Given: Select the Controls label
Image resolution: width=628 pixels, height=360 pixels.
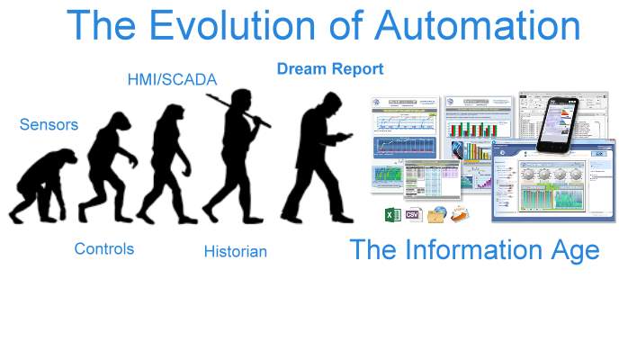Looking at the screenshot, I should (104, 248).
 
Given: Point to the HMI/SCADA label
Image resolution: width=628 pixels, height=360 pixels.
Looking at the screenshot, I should (172, 79).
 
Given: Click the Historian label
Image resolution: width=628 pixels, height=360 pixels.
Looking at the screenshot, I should (235, 251).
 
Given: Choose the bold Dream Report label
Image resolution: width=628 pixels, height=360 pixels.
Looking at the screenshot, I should (330, 68).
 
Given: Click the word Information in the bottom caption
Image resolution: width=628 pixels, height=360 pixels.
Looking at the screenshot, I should (475, 249).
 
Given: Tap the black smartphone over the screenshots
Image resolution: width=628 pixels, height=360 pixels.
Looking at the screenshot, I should (560, 121).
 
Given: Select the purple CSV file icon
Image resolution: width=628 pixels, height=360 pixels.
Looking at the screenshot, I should (414, 215).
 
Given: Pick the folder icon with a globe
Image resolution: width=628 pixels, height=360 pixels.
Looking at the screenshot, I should (437, 215).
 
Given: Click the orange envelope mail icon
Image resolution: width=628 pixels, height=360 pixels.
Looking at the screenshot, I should (460, 214).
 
